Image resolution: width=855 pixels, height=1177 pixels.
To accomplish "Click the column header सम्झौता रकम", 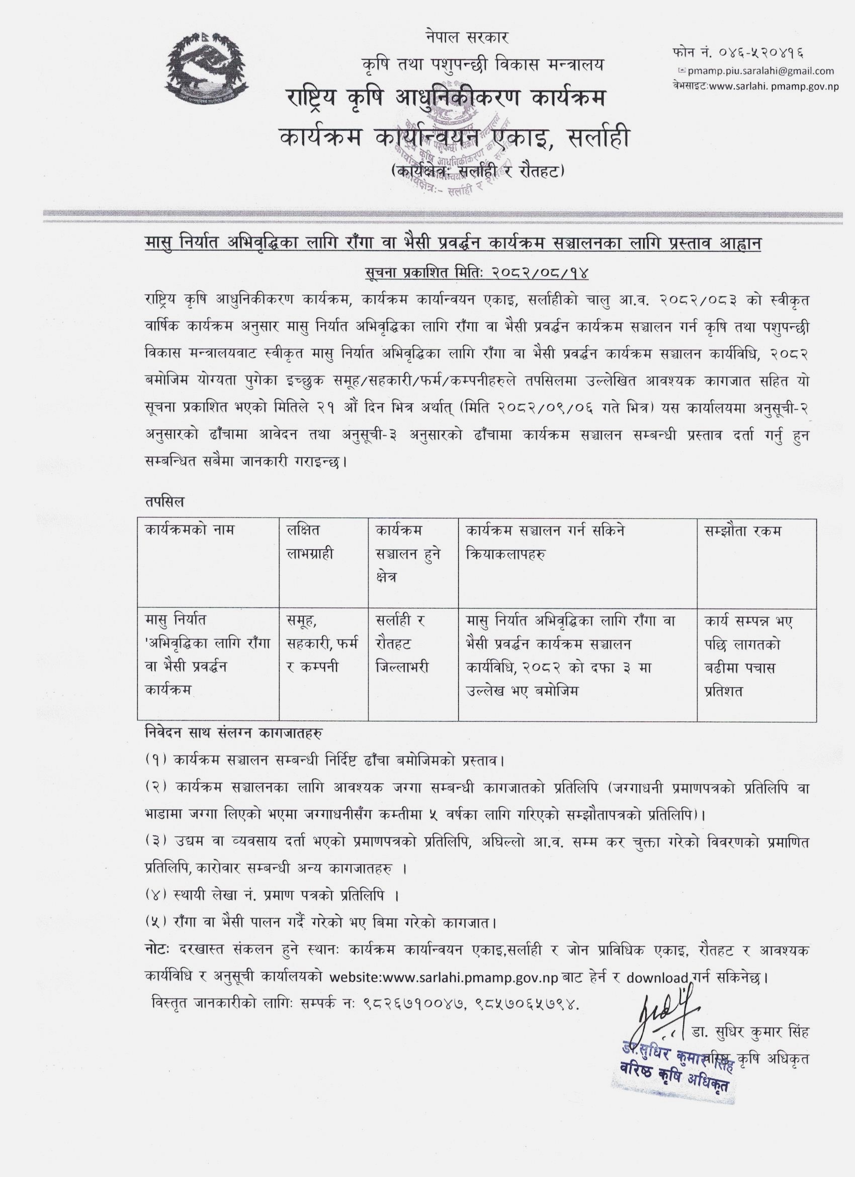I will pos(742,531).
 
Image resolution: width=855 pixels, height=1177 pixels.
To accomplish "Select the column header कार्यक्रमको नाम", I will pos(190,531).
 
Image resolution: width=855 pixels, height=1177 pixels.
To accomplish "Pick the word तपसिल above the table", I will pos(164,502).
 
